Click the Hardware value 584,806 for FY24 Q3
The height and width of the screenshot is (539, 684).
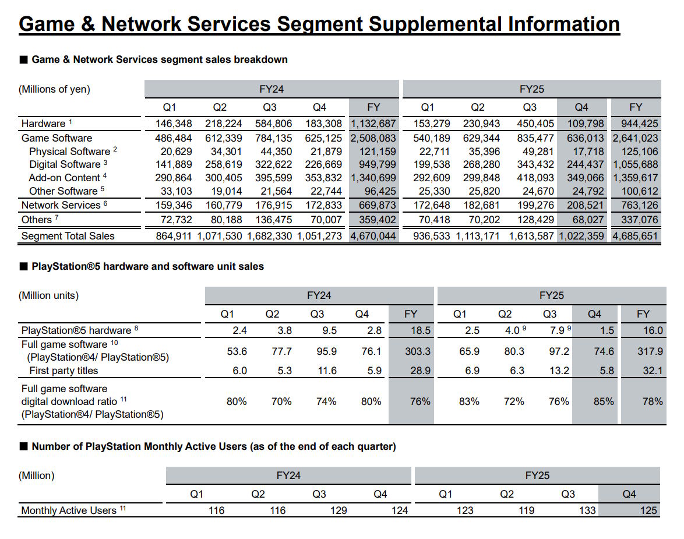(273, 124)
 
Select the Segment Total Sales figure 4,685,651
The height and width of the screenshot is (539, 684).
(635, 236)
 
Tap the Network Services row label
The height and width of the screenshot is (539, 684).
(61, 205)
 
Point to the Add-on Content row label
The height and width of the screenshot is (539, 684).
(65, 178)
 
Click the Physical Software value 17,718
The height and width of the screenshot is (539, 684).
(588, 152)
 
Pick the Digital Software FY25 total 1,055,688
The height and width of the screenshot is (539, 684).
(635, 164)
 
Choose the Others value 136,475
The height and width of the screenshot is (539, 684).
(273, 220)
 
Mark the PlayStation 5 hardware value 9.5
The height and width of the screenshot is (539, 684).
(329, 330)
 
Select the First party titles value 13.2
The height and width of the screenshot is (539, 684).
(559, 371)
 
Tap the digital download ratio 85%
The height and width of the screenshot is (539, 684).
(604, 401)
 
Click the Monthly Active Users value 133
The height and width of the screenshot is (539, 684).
(587, 510)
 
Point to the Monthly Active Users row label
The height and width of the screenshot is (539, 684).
(69, 510)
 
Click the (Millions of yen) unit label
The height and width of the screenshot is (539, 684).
(55, 89)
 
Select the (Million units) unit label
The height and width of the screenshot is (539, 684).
(49, 295)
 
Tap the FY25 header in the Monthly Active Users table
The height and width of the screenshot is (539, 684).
(537, 475)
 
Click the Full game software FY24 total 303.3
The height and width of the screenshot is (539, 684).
(418, 351)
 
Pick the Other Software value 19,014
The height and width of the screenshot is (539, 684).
(224, 191)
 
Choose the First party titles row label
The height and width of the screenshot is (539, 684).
(64, 371)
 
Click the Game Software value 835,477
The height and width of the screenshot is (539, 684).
(535, 138)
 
